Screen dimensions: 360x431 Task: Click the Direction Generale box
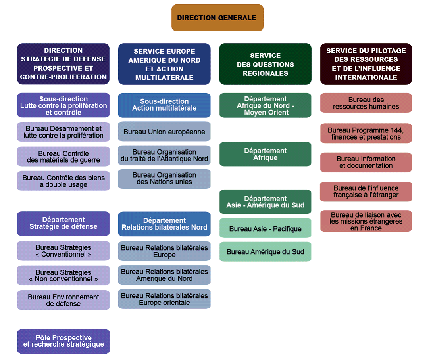tap(217, 18)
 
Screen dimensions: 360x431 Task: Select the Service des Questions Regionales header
tap(265, 64)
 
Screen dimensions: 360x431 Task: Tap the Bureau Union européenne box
tap(164, 132)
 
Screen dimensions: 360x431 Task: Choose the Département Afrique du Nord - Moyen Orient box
tap(265, 105)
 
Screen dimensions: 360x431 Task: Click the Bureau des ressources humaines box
tap(366, 103)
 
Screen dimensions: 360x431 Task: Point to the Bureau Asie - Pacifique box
tap(265, 228)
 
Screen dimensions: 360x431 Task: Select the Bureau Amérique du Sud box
tap(265, 252)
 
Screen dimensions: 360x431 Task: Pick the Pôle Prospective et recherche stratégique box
tap(63, 341)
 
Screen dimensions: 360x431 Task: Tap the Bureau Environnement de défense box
tap(63, 300)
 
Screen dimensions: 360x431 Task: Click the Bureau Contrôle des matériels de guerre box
tap(63, 157)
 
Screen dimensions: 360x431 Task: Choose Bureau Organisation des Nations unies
tap(164, 178)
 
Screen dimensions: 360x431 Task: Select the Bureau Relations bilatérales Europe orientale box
tap(164, 299)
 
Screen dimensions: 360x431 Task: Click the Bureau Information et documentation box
tap(366, 162)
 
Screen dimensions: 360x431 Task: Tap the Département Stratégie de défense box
tap(63, 223)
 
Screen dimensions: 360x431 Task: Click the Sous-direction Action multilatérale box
tap(164, 105)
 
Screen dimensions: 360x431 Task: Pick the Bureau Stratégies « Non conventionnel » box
tap(63, 276)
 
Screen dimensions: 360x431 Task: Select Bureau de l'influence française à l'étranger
tap(366, 191)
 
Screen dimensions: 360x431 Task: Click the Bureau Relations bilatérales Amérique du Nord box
tap(164, 275)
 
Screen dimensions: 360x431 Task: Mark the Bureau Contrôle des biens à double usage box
tap(63, 181)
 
